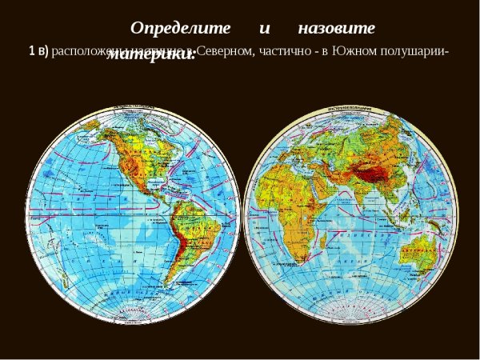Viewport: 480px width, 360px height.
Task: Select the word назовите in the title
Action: click(336, 27)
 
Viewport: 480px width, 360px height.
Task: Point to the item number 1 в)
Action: click(38, 50)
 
